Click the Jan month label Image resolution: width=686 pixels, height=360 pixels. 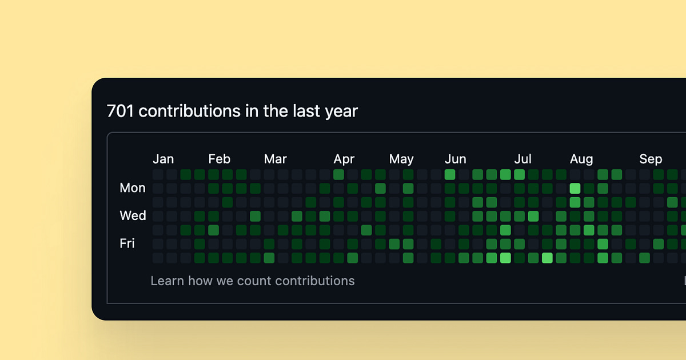(x=163, y=159)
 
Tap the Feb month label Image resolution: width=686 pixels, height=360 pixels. (x=219, y=159)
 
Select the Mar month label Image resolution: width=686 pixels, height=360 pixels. (x=275, y=159)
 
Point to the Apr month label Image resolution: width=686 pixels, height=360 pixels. (x=344, y=159)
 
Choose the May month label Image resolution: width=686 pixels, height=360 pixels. (x=401, y=159)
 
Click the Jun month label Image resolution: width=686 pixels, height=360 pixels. (x=456, y=159)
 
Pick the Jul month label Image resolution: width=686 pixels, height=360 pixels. (x=523, y=159)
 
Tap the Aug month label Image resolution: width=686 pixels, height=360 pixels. (x=581, y=159)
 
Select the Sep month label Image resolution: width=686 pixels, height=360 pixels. (x=651, y=159)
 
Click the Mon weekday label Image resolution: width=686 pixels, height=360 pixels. (x=133, y=188)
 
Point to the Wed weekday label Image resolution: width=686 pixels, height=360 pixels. (x=133, y=215)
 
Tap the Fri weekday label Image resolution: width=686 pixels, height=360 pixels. (x=127, y=243)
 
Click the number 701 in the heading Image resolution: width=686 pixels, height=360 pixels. (x=120, y=111)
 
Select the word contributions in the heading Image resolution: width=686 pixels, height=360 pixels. (x=190, y=111)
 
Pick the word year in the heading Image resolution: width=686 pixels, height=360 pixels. (x=341, y=111)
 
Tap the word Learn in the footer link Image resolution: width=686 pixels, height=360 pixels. (x=167, y=281)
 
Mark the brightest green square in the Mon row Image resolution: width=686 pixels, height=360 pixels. (x=575, y=189)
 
